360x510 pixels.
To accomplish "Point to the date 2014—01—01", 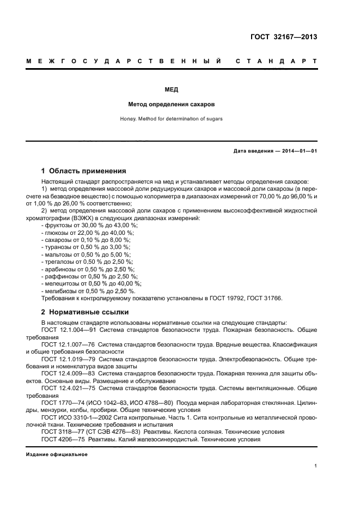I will pyautogui.click(x=297, y=151).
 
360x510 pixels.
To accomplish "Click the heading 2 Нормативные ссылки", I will pyautogui.click(x=85, y=312).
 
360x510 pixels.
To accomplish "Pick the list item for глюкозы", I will pyautogui.click(x=87, y=233).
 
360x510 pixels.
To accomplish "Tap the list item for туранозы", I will pyautogui.click(x=86, y=247).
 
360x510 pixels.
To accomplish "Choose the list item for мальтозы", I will pyautogui.click(x=86, y=254).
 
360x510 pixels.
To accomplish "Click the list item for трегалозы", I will pyautogui.click(x=87, y=262).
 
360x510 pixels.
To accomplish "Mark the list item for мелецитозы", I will pyautogui.click(x=91, y=284).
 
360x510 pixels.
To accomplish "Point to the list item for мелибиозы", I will pyautogui.click(x=88, y=291).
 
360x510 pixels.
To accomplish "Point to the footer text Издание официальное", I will pyautogui.click(x=57, y=454).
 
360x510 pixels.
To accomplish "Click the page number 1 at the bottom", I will pyautogui.click(x=316, y=466).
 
